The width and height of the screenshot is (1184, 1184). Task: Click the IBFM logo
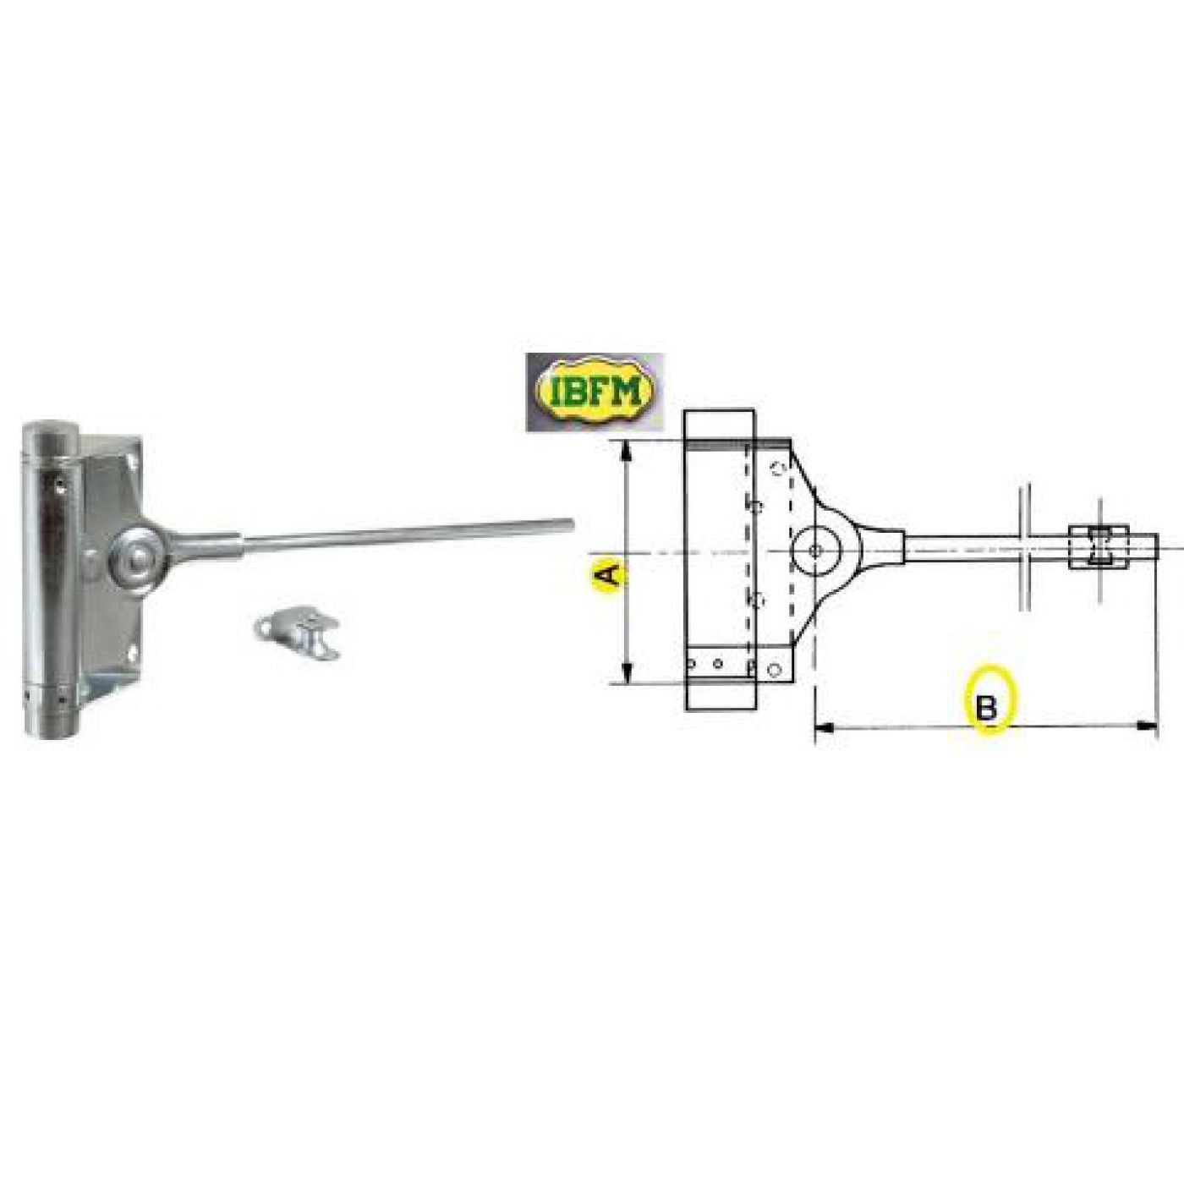[x=595, y=392]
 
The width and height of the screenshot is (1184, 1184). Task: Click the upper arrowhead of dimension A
[x=626, y=452]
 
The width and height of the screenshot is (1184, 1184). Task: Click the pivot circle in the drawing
[x=814, y=551]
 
